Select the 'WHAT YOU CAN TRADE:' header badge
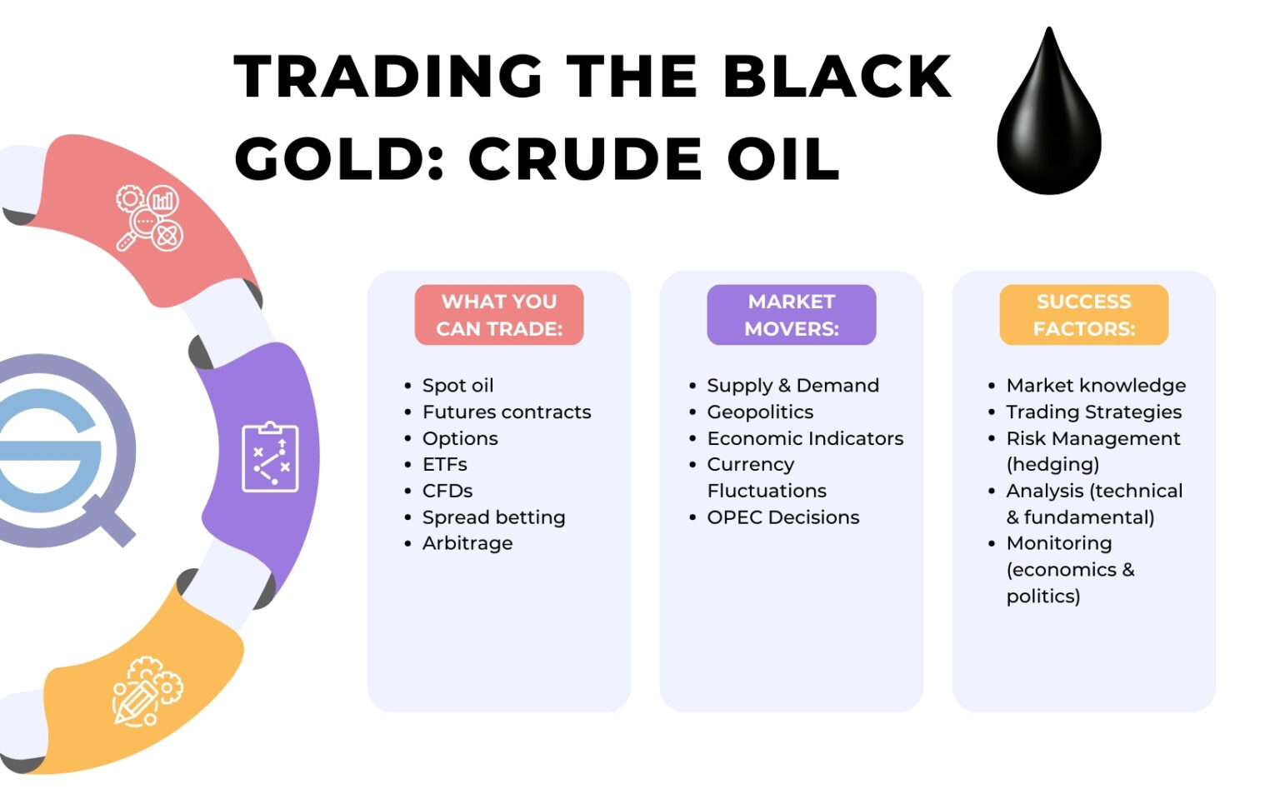coord(499,315)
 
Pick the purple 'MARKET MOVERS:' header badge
coord(791,315)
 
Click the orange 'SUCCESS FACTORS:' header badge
coord(1083,315)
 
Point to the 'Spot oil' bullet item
coord(457,386)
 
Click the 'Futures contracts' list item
coord(506,412)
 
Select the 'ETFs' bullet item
coord(444,464)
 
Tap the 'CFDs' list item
coord(447,491)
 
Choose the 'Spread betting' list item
coord(493,517)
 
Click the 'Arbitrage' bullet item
coord(467,543)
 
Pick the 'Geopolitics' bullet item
coord(759,412)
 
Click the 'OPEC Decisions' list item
coord(782,517)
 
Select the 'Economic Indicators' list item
coord(804,438)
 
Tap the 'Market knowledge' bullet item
coord(1095,386)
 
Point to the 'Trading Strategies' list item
coord(1093,412)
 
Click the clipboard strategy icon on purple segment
coord(270,457)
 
